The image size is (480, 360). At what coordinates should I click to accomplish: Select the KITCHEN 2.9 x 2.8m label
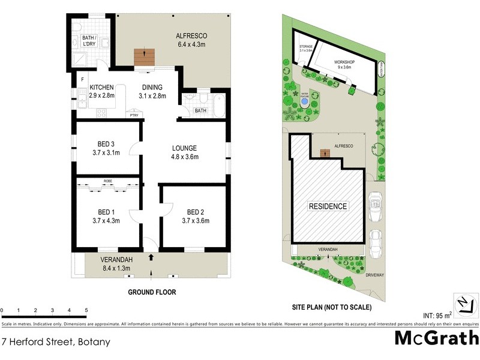pyautogui.click(x=101, y=91)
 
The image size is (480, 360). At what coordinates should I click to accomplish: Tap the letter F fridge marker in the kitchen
pyautogui.click(x=82, y=79)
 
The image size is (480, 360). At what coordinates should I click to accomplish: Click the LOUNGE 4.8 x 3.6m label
pyautogui.click(x=185, y=152)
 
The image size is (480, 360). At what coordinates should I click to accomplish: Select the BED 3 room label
pyautogui.click(x=107, y=148)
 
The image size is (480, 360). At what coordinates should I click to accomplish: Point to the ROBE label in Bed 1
pyautogui.click(x=107, y=181)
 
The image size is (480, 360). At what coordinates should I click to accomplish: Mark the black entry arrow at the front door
pyautogui.click(x=151, y=257)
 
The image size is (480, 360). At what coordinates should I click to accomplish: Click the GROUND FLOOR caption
pyautogui.click(x=151, y=293)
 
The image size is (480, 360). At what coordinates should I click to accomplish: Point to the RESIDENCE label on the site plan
pyautogui.click(x=328, y=206)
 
